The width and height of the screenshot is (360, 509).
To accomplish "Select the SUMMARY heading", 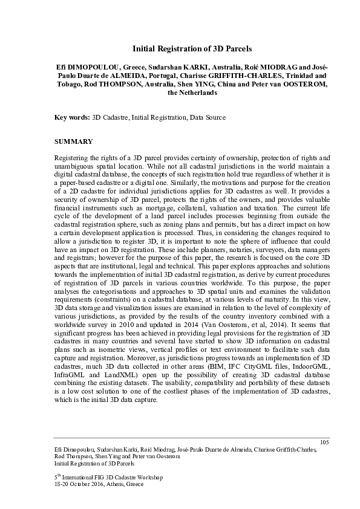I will coord(74,141).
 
